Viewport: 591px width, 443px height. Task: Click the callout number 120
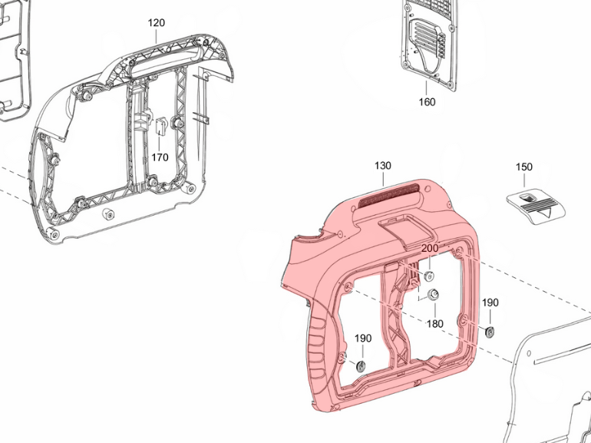[156, 23]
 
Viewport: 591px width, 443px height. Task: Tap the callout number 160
[427, 102]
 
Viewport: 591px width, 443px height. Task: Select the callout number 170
[160, 157]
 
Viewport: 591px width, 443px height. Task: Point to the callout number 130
[382, 166]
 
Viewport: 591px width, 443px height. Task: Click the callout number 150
[524, 167]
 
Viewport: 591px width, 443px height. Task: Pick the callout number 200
[430, 249]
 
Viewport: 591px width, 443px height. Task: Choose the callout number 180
[435, 323]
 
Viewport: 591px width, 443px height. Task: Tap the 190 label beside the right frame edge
[490, 302]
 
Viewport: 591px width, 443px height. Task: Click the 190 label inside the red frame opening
[363, 338]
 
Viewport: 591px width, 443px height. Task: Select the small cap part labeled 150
[536, 208]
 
